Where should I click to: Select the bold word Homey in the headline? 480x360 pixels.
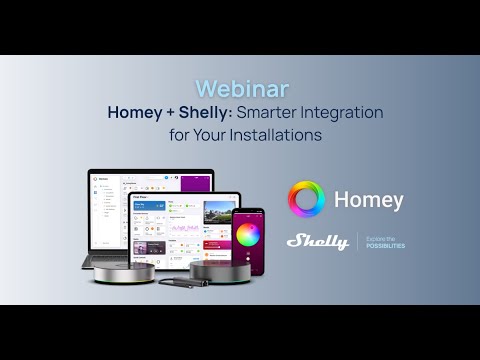(x=135, y=113)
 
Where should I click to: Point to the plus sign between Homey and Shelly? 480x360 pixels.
(x=169, y=113)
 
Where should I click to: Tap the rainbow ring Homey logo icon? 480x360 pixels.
(x=306, y=200)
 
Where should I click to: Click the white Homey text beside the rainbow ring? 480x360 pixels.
(x=369, y=200)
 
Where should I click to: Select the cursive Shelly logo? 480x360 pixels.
(x=317, y=241)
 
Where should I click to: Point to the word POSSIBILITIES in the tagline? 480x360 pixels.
(x=385, y=245)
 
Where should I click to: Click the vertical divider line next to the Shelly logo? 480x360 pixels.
(x=357, y=241)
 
